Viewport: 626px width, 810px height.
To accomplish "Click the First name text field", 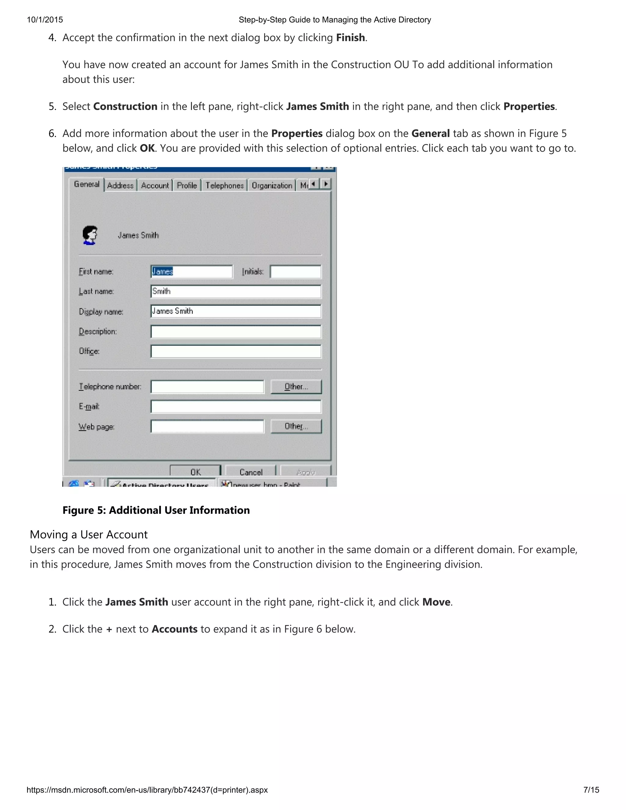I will [x=192, y=271].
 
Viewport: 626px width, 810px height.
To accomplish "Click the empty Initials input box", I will [x=295, y=271].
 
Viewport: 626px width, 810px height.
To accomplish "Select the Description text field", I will [x=236, y=332].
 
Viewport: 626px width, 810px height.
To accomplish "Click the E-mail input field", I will [x=236, y=407].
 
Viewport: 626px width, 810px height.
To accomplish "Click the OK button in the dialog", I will [x=195, y=471].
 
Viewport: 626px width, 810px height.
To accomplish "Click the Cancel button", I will [x=251, y=471].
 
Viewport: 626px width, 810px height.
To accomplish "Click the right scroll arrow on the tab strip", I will [x=326, y=184].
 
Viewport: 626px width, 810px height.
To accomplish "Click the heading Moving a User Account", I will [x=89, y=534].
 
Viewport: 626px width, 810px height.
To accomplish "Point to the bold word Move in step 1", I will [x=436, y=602].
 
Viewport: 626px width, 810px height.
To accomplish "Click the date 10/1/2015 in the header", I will [x=45, y=20].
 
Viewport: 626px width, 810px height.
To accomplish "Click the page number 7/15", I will [x=591, y=790].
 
